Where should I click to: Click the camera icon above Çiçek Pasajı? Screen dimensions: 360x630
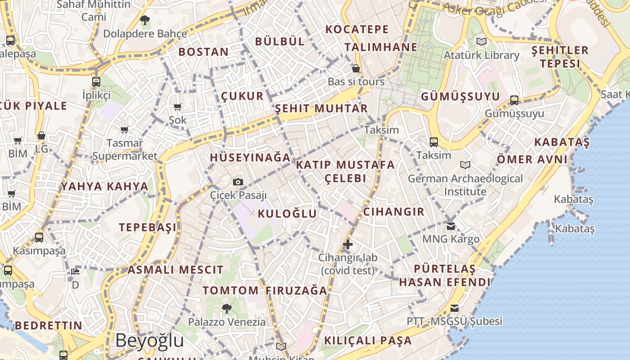[x=238, y=182]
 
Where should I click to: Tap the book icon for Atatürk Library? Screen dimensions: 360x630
[x=481, y=42]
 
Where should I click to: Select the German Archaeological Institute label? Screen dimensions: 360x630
[x=465, y=185]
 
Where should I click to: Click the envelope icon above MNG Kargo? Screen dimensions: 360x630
[x=451, y=226]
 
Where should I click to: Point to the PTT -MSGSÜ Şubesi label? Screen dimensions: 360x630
[x=454, y=321]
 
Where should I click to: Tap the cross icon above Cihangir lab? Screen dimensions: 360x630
[x=347, y=244]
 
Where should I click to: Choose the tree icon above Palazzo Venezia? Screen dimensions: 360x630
[x=227, y=308]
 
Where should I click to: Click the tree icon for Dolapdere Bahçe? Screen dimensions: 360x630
[x=144, y=20]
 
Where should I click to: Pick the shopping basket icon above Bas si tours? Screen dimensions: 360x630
[x=356, y=68]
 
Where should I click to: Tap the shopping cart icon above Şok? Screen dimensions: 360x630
[x=177, y=107]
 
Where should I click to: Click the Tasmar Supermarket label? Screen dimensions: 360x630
[x=125, y=150]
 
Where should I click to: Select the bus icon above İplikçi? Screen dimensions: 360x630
[x=96, y=81]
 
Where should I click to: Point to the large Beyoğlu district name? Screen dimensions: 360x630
[x=149, y=341]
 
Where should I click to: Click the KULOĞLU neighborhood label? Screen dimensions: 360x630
[x=287, y=214]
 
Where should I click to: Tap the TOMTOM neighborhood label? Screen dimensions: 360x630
[x=230, y=291]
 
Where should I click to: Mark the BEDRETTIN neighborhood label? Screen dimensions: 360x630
[x=49, y=326]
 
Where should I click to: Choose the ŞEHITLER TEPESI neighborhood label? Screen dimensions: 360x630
[x=560, y=57]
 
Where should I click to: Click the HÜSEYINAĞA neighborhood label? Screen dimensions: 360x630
[x=250, y=158]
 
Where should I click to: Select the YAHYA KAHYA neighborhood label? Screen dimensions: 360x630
[x=104, y=186]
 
